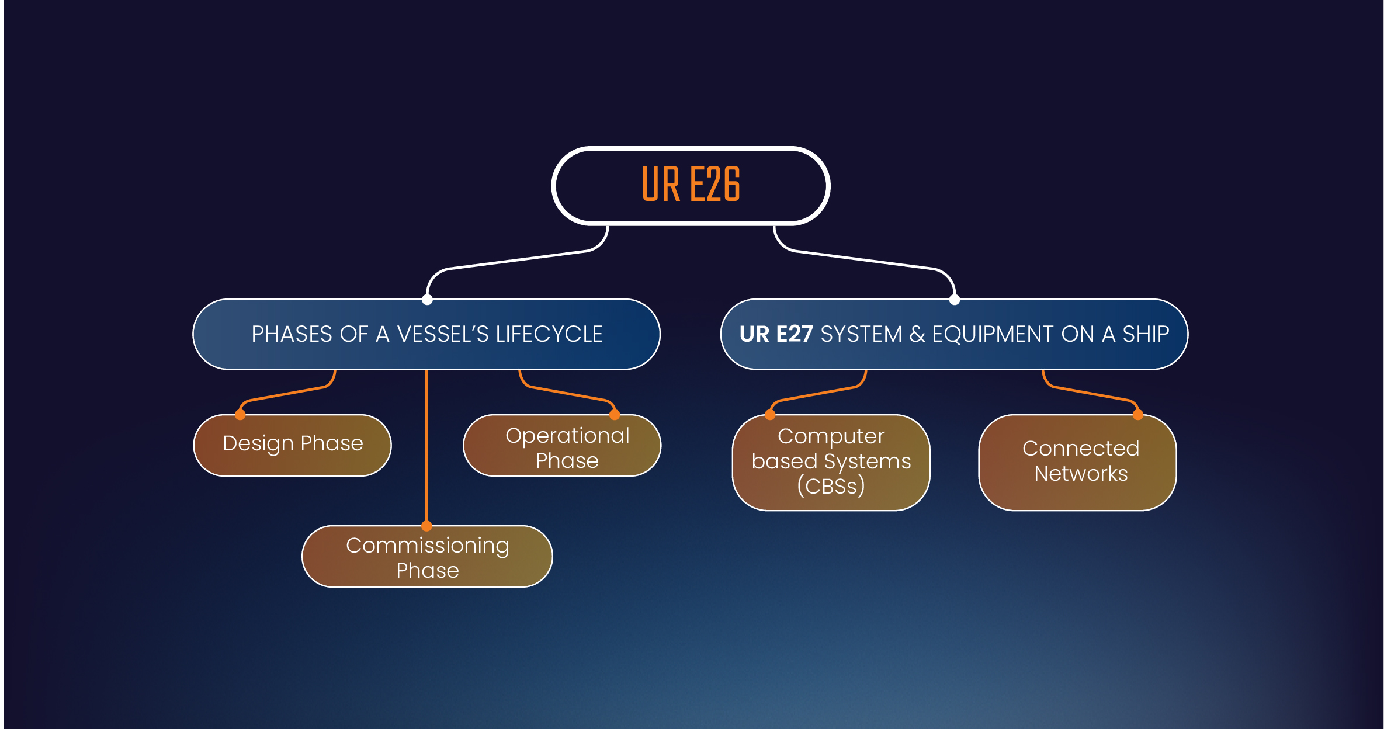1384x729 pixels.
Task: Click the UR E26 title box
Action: click(x=691, y=185)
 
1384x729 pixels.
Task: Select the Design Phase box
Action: click(x=292, y=445)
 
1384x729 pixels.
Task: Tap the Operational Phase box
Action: click(x=562, y=446)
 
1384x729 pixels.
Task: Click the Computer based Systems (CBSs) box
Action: click(x=831, y=462)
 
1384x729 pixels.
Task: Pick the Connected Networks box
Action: click(x=1078, y=462)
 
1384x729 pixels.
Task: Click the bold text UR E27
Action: click(x=776, y=334)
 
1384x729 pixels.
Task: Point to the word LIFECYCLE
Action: click(x=549, y=334)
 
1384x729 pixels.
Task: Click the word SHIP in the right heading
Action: click(x=1146, y=334)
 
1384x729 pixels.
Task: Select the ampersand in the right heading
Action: click(x=917, y=334)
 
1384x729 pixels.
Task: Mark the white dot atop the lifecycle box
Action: click(x=427, y=300)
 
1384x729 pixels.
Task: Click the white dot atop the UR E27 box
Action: click(x=955, y=300)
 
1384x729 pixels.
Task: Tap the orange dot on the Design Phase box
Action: click(x=240, y=415)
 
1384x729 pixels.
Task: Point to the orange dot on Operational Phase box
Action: click(x=615, y=415)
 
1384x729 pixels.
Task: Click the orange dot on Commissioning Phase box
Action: click(x=427, y=526)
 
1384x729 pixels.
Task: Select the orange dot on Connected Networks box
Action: click(x=1138, y=415)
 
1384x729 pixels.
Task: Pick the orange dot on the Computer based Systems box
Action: click(x=770, y=415)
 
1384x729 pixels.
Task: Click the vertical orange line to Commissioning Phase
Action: click(x=427, y=450)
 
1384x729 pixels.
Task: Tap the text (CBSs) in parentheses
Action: click(x=831, y=486)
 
